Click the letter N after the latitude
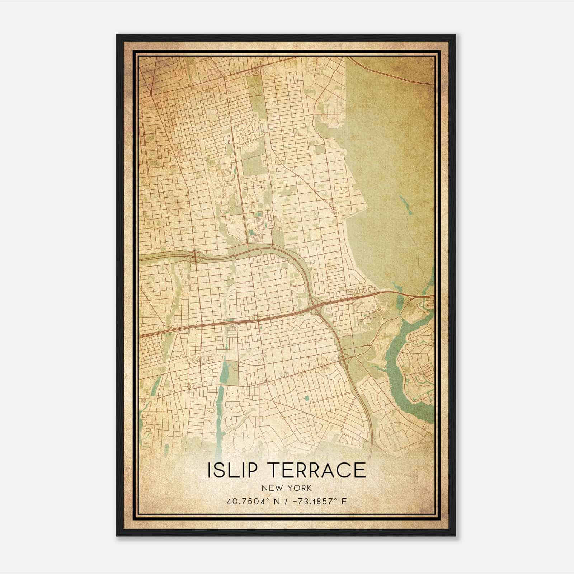(275, 501)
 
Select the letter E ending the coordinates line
(344, 501)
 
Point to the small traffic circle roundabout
(189, 386)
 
